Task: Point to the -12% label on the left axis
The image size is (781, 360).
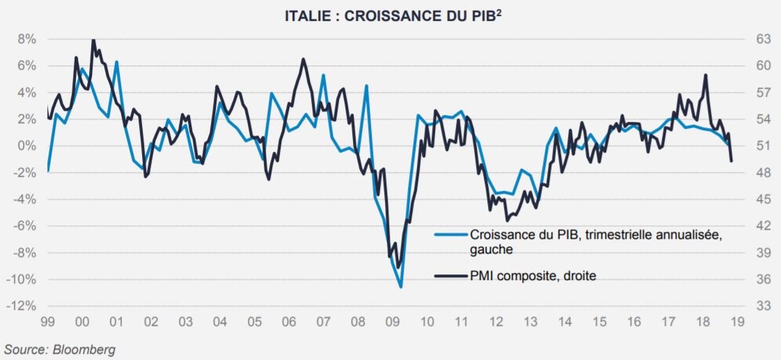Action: point(21,306)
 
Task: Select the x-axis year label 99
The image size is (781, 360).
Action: point(48,322)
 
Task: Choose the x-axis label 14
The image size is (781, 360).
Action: point(565,322)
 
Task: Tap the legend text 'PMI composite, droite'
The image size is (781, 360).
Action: point(532,275)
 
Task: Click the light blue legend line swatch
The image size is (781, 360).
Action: point(450,234)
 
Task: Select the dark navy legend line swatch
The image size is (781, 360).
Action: point(450,275)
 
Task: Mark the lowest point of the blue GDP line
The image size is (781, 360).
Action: point(401,288)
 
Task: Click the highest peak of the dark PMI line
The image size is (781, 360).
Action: point(93,40)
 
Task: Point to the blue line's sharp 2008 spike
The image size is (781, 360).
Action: point(367,86)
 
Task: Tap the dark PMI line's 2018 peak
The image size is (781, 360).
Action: point(706,75)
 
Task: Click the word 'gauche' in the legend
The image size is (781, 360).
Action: point(491,249)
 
